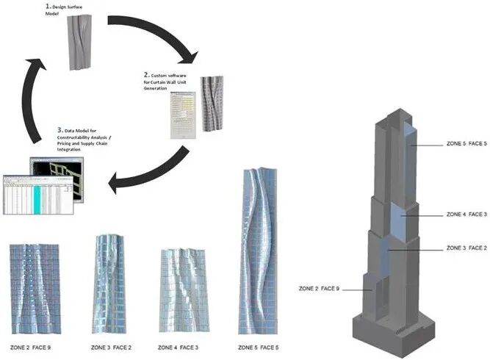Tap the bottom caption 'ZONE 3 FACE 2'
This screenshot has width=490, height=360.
[111, 346]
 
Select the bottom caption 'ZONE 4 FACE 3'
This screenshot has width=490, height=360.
[177, 346]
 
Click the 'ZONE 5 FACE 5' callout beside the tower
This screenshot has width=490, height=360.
[466, 144]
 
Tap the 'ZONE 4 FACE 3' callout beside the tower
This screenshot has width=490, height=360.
[466, 215]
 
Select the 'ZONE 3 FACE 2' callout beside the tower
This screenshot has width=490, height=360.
[466, 248]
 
